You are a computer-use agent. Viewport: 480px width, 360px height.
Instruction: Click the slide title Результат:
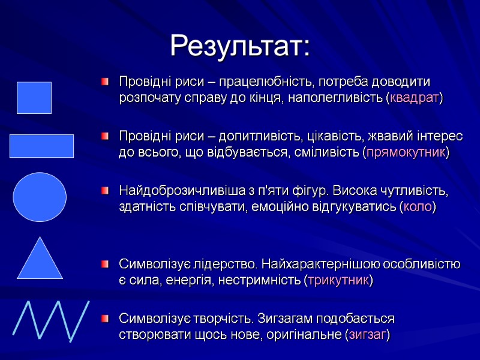tap(240, 46)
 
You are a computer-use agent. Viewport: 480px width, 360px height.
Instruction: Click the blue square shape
tap(34, 98)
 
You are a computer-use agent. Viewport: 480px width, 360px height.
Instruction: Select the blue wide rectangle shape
tap(41, 146)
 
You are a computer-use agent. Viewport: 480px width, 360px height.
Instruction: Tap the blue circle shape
tap(40, 197)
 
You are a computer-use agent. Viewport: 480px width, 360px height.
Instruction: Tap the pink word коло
tap(418, 207)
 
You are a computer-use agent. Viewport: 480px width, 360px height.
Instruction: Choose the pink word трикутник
tap(338, 280)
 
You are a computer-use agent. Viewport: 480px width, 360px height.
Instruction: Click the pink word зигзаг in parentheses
tap(367, 334)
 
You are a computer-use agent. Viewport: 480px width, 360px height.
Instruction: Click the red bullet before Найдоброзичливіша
tap(106, 191)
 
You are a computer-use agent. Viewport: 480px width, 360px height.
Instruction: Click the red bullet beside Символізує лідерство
tap(106, 264)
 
